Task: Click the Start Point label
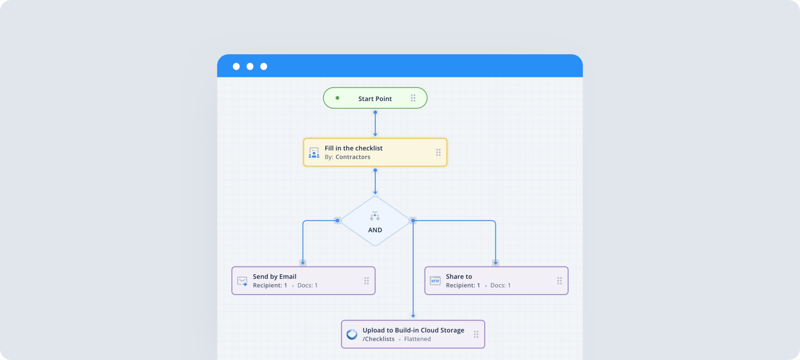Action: click(x=375, y=99)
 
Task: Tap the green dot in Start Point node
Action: click(x=337, y=98)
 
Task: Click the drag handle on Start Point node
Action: click(x=413, y=98)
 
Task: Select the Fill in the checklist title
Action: click(x=354, y=148)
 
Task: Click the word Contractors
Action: click(x=353, y=157)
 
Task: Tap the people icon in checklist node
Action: click(x=314, y=153)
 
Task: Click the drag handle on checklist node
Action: click(x=438, y=152)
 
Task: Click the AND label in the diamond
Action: click(x=375, y=230)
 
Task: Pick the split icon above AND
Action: click(x=375, y=216)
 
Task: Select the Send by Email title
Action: click(x=274, y=276)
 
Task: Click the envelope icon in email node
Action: click(x=242, y=281)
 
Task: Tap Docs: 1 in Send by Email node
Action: click(x=307, y=285)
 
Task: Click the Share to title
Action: click(x=459, y=276)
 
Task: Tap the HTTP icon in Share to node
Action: click(x=435, y=281)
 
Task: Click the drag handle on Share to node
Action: click(x=559, y=281)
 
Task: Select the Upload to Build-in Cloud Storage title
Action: click(x=413, y=330)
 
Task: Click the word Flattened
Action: click(x=417, y=339)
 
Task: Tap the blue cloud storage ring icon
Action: click(x=352, y=334)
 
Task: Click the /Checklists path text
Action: click(x=378, y=339)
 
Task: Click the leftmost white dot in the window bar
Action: click(x=236, y=66)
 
